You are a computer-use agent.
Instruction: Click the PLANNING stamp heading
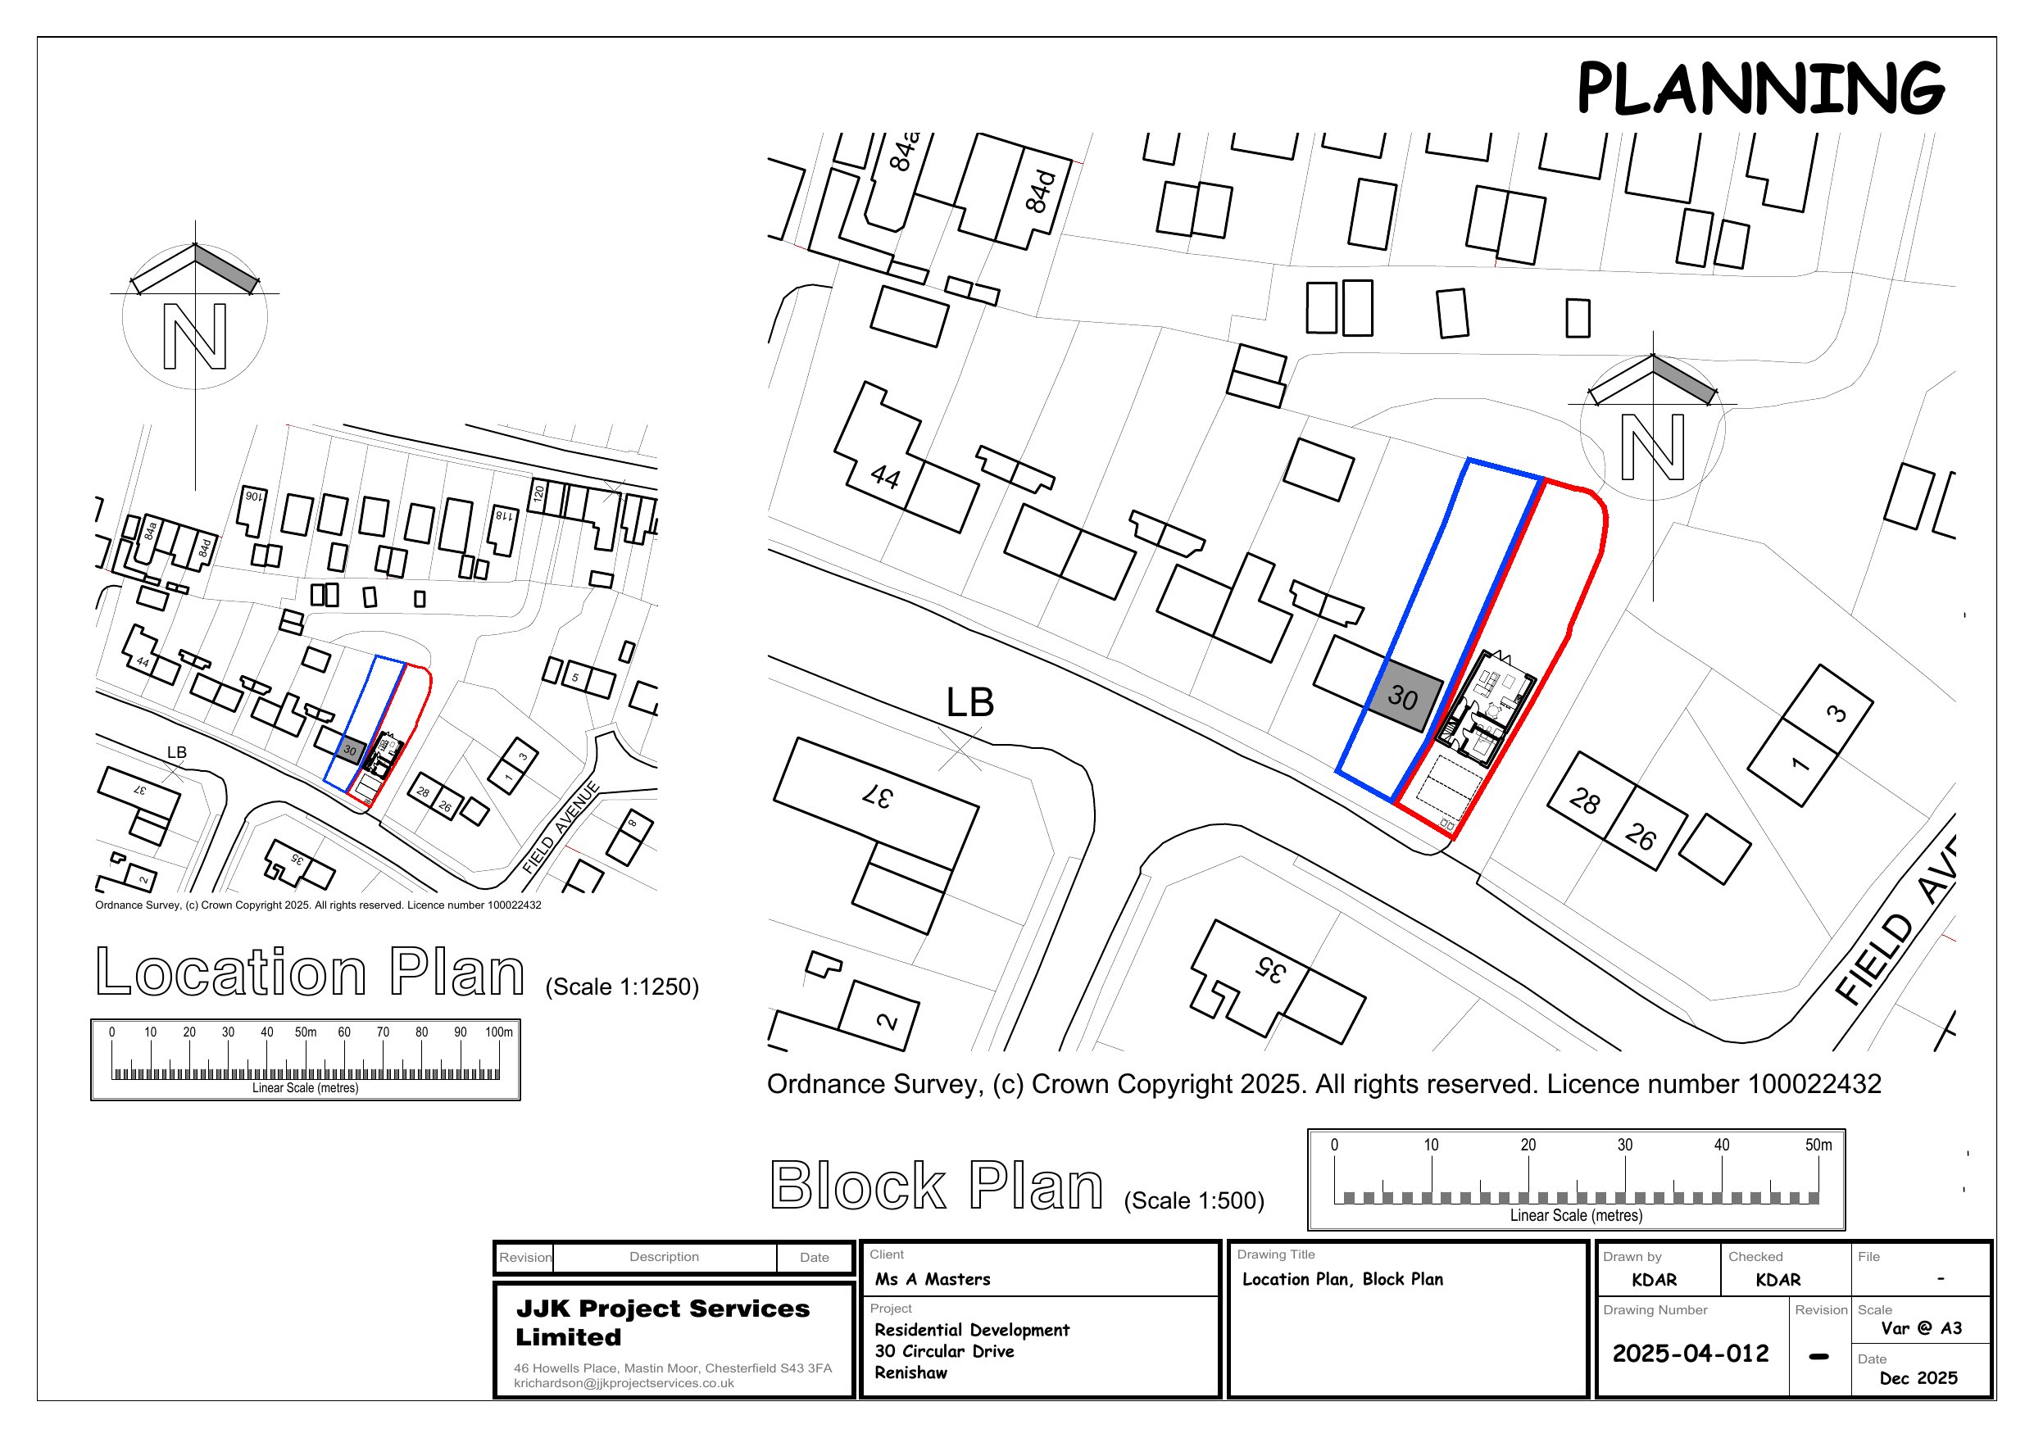pos(1759,88)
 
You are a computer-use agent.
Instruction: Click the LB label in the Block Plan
pos(970,702)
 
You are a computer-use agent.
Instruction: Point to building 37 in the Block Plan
pos(878,796)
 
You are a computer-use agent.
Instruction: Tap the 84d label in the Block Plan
pos(1041,192)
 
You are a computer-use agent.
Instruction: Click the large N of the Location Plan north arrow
pos(195,337)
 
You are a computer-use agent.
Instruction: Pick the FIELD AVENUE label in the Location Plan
pos(561,828)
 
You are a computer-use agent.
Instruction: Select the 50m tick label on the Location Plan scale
pos(306,1032)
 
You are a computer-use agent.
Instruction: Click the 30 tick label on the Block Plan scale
pos(1625,1145)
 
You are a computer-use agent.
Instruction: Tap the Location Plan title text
pos(310,972)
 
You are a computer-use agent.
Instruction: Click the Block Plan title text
pos(937,1186)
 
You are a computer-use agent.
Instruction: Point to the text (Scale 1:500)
pos(1193,1200)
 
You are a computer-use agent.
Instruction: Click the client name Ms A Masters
pos(932,1279)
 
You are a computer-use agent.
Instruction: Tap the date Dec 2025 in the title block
pos(1918,1377)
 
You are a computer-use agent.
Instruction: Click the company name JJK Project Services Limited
pos(662,1322)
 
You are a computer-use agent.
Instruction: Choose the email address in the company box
pos(624,1383)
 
